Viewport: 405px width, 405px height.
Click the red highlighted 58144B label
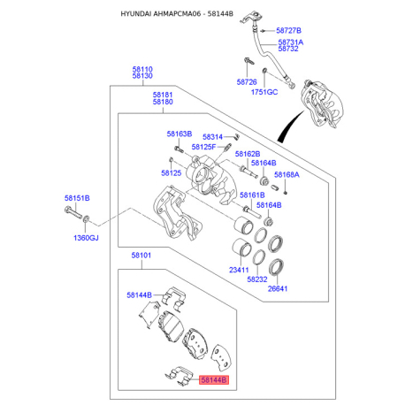click(x=214, y=380)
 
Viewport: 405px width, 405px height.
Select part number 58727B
click(x=288, y=30)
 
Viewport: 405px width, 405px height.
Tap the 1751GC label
click(x=264, y=92)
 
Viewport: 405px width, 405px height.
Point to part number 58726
click(x=247, y=82)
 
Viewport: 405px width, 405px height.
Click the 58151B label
click(x=77, y=198)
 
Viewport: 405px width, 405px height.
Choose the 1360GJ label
click(x=86, y=238)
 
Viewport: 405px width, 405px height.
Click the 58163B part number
click(x=180, y=134)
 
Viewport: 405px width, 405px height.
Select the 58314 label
click(x=212, y=137)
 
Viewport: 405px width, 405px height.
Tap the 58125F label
click(x=203, y=147)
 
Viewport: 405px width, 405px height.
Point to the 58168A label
click(x=287, y=174)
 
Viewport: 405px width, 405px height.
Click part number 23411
click(x=239, y=270)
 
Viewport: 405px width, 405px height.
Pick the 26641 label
click(x=278, y=288)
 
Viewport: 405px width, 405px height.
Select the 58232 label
click(x=257, y=279)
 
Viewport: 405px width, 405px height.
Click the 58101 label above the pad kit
click(x=141, y=256)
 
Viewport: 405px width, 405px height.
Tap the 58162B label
click(x=248, y=154)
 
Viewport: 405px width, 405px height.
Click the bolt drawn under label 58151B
click(x=73, y=213)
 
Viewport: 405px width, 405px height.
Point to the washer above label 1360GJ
click(x=86, y=219)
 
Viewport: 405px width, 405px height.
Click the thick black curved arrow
click(x=289, y=126)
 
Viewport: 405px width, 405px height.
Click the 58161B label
click(x=252, y=195)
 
